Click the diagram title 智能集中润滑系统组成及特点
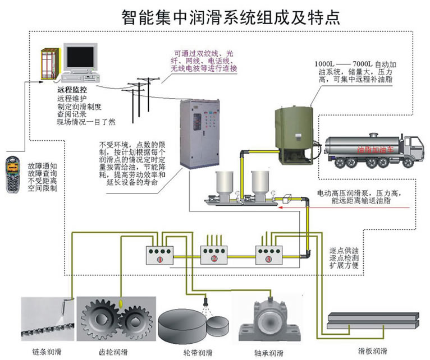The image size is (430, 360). tap(231, 16)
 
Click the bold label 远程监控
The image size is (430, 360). tap(72, 90)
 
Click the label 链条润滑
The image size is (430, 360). tap(47, 352)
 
